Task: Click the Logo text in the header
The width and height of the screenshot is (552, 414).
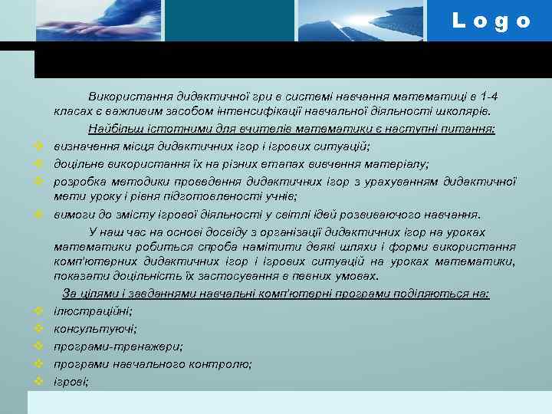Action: click(x=491, y=21)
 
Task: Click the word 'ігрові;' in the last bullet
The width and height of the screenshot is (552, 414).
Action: click(x=71, y=380)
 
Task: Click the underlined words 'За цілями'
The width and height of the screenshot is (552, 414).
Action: click(x=85, y=294)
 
